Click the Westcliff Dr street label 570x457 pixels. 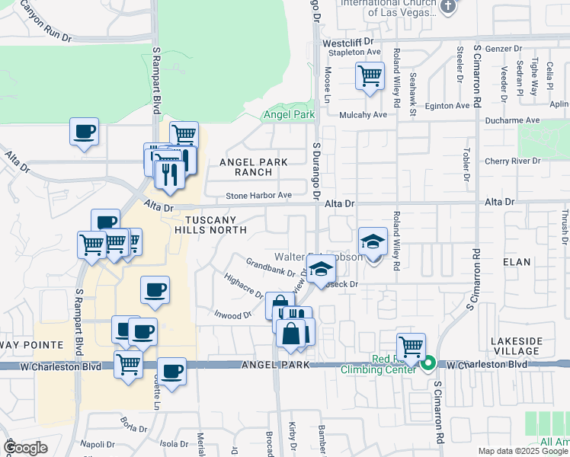(348, 43)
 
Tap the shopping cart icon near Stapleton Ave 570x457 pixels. (370, 75)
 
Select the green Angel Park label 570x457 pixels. (288, 115)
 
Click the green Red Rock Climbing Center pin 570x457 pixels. (428, 364)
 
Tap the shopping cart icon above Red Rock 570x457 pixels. (411, 347)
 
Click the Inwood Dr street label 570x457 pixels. (232, 314)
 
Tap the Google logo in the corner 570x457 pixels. (24, 447)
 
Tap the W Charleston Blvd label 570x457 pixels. (487, 365)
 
